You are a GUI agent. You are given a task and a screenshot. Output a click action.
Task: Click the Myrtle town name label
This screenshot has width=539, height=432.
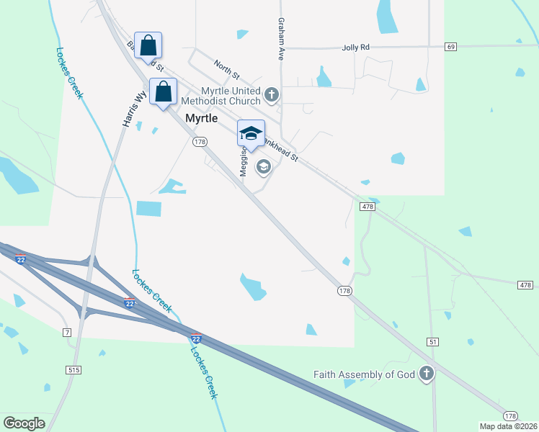[202, 118]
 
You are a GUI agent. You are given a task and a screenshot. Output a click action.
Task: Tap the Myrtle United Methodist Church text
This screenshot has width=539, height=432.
[221, 96]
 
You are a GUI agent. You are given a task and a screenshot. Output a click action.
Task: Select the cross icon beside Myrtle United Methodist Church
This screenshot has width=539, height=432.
[272, 94]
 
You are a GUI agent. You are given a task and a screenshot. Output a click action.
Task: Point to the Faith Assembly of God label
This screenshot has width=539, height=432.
[365, 374]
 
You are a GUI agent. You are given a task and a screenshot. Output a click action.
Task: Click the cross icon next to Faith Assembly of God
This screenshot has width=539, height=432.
[427, 374]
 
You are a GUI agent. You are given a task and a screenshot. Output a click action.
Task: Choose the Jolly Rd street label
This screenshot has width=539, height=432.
[355, 47]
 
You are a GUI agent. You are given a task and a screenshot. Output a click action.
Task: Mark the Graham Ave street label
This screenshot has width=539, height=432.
[281, 39]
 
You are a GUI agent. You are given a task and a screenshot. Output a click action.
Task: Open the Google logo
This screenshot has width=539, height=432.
[24, 423]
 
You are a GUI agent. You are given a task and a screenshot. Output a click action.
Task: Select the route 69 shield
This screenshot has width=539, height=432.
[451, 47]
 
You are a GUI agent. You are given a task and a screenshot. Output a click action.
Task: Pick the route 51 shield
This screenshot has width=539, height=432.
[432, 341]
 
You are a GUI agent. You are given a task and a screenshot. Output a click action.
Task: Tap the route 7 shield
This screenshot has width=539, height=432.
[67, 332]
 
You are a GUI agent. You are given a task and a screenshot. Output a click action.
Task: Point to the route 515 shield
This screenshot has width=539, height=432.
[73, 369]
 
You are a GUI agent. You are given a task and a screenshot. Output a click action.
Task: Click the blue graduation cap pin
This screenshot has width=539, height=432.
[251, 132]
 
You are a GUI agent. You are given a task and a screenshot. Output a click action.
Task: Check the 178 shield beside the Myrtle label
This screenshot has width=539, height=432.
[200, 143]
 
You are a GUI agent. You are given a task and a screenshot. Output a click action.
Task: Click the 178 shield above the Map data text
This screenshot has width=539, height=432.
[510, 416]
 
